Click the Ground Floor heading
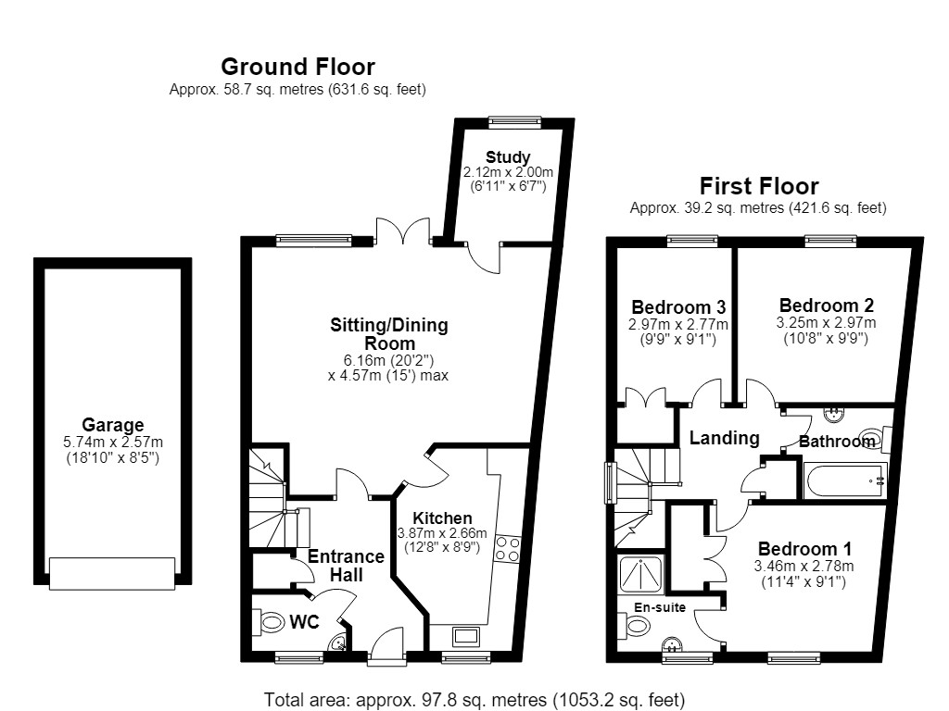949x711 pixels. click(297, 67)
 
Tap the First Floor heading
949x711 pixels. click(759, 185)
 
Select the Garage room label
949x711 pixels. click(112, 424)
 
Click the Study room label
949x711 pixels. click(508, 157)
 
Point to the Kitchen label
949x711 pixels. click(442, 518)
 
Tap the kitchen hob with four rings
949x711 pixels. click(507, 549)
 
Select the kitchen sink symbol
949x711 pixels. click(466, 637)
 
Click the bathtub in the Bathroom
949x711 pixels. click(845, 480)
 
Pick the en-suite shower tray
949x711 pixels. click(640, 574)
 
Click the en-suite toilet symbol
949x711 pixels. click(634, 625)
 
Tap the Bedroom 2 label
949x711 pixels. click(826, 306)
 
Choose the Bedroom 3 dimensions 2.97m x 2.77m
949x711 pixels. click(677, 325)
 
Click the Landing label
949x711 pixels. click(724, 438)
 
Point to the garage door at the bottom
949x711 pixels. click(112, 573)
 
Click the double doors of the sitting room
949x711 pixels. click(403, 231)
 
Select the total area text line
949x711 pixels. click(474, 700)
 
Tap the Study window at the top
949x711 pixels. click(514, 121)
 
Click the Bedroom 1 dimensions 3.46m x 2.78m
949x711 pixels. click(803, 567)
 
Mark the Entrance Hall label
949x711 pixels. click(347, 566)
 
